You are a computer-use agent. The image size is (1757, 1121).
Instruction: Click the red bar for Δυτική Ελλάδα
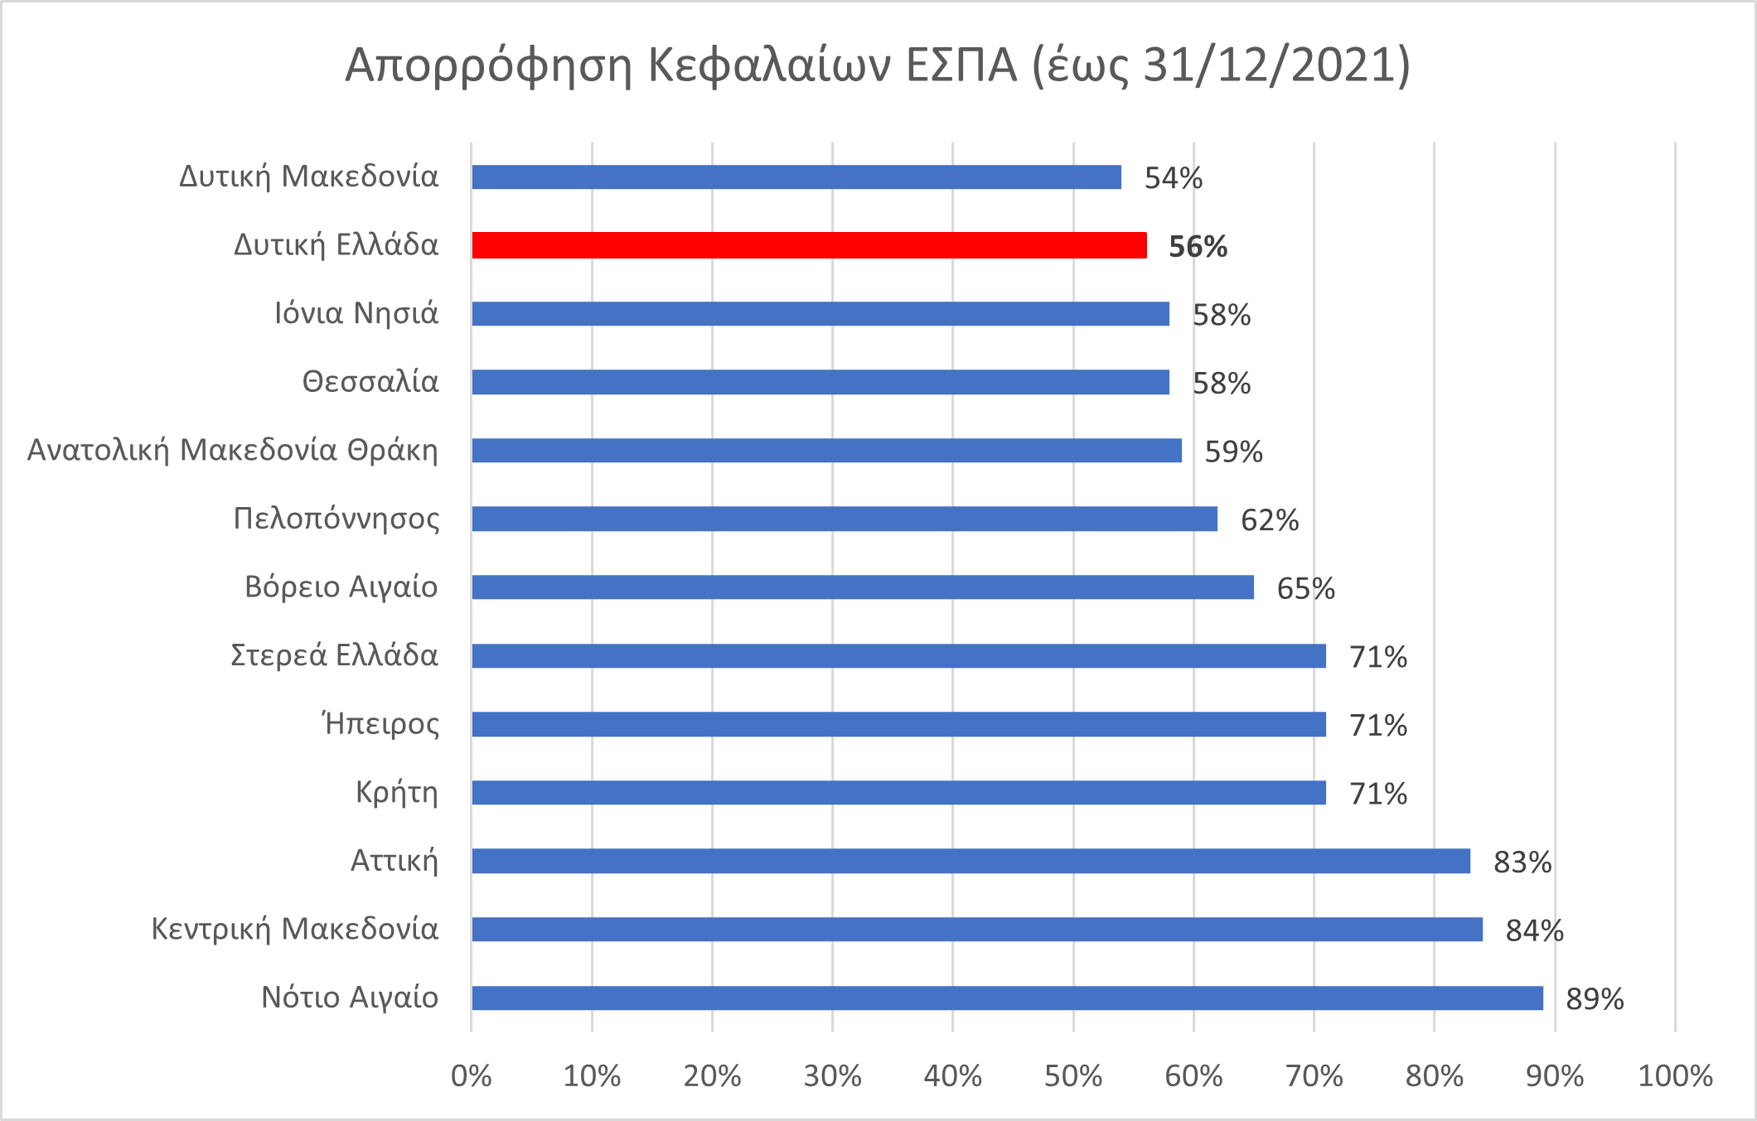(809, 245)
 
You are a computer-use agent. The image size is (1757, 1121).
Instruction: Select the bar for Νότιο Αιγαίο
(1007, 998)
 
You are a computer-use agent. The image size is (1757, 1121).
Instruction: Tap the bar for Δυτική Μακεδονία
(796, 177)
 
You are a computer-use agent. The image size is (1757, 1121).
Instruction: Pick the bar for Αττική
(970, 861)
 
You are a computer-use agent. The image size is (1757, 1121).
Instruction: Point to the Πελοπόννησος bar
(845, 519)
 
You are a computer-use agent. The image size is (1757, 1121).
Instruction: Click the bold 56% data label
(1198, 247)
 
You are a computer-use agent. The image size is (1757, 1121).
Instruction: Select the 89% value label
(1595, 999)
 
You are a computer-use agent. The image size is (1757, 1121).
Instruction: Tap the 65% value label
(1305, 589)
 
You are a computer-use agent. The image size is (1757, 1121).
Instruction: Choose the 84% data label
(1534, 931)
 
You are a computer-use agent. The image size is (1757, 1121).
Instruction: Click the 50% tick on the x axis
(1073, 1076)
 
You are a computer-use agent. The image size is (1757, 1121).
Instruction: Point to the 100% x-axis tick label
(1675, 1076)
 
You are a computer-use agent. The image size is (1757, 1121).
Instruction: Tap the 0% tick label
(471, 1076)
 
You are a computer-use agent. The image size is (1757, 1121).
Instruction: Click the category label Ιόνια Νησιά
(356, 313)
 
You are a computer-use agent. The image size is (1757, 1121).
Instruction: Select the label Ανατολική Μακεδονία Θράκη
(233, 450)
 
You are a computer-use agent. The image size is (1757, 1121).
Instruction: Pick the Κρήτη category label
(396, 793)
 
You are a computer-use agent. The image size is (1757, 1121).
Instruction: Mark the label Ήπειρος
(380, 724)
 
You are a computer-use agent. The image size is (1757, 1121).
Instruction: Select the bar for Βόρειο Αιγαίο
(862, 587)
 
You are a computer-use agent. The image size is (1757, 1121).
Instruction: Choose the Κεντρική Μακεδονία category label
(294, 929)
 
